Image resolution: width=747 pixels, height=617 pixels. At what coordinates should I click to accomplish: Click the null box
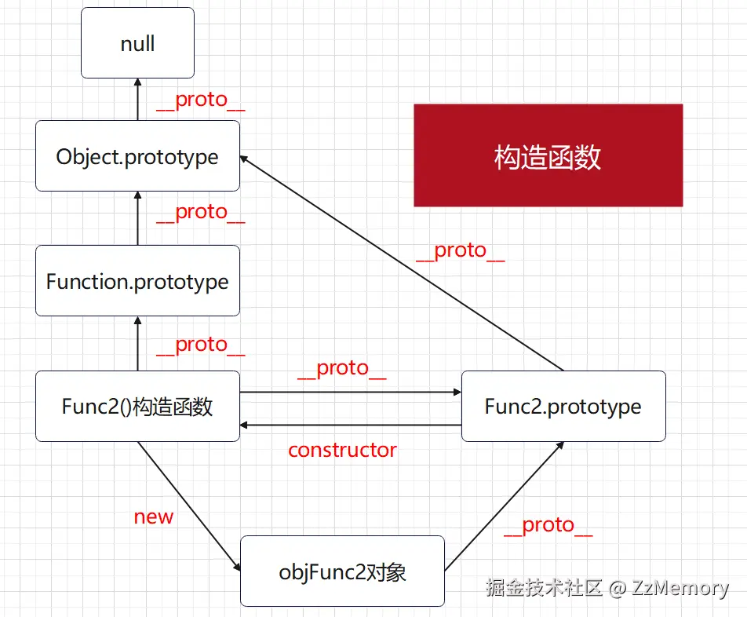137,43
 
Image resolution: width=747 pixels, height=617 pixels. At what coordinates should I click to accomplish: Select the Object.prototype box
137,155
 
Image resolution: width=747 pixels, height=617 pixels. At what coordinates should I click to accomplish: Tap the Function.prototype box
137,281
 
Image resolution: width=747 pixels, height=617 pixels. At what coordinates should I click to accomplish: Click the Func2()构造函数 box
137,406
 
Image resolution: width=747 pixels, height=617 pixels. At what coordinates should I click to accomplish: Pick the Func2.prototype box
563,406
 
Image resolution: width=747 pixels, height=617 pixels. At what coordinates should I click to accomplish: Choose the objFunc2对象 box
342,571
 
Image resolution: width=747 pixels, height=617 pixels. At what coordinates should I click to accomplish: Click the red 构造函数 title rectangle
548,155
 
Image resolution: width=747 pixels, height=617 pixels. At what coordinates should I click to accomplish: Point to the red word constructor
342,450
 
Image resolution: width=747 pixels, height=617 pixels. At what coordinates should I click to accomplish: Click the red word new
153,517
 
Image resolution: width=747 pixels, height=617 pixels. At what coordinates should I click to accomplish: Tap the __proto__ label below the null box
200,100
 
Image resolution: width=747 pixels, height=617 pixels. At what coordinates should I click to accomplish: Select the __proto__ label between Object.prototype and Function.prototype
200,212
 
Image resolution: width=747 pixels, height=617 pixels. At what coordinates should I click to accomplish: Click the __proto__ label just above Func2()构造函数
200,345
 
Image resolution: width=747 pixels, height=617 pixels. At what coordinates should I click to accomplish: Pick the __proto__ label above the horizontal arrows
342,368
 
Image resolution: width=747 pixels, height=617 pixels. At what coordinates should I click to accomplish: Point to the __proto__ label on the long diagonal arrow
460,250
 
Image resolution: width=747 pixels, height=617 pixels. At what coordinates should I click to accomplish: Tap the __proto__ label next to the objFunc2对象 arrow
548,525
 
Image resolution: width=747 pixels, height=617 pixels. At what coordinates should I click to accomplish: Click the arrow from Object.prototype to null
137,100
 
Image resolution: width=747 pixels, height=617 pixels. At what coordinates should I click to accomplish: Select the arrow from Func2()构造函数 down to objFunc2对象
188,503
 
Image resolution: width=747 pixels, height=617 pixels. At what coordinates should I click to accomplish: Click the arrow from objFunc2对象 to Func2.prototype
504,506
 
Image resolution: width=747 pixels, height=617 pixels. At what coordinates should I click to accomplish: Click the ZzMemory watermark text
680,588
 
